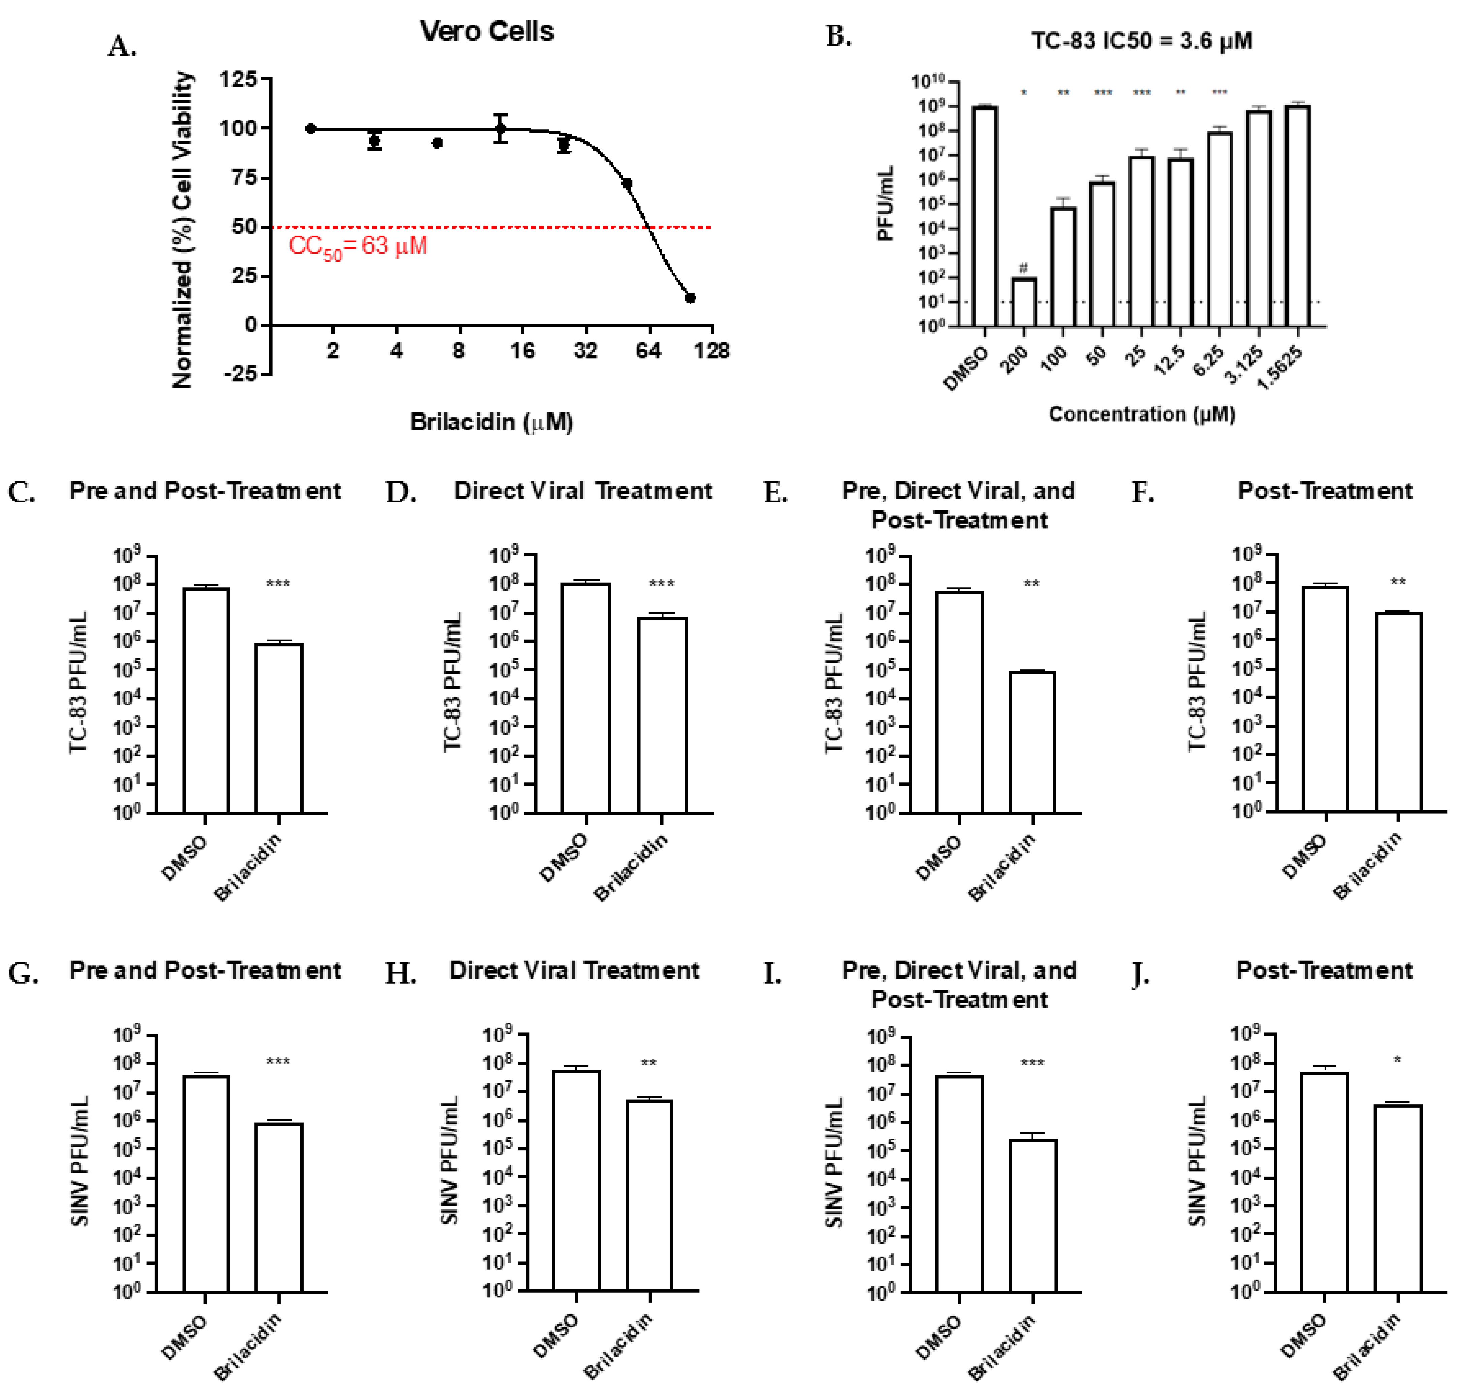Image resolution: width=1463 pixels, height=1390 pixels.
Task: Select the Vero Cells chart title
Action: click(487, 31)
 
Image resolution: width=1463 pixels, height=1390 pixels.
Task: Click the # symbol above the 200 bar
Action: click(1023, 267)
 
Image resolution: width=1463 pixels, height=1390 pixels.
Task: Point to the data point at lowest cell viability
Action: click(690, 298)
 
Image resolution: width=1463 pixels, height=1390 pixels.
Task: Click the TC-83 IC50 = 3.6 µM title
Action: click(1141, 41)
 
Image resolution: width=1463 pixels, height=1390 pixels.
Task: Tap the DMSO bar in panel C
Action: click(206, 700)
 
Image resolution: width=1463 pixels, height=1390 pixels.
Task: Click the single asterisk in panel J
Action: click(1397, 1060)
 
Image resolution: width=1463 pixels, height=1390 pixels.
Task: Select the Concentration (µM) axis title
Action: click(1141, 414)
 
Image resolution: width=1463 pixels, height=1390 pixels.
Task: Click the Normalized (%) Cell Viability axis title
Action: click(182, 230)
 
